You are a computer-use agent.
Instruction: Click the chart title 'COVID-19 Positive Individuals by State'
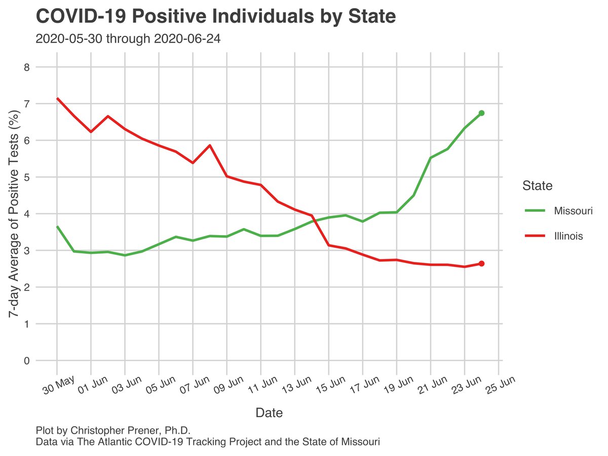coord(215,17)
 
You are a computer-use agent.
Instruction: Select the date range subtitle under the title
coord(128,39)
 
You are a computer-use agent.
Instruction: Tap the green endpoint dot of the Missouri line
coord(481,113)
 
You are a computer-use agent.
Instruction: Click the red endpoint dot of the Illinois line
coord(481,263)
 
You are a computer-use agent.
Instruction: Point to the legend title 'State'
coord(537,186)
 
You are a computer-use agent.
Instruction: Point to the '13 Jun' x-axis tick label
coord(296,387)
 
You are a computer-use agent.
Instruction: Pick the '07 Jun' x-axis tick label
coord(195,387)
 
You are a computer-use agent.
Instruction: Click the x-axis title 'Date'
coord(269,412)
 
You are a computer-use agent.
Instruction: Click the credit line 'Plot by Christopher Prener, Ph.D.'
coord(113,430)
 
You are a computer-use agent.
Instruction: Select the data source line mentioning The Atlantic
coord(208,442)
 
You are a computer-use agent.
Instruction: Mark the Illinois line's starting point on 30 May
coord(57,98)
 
